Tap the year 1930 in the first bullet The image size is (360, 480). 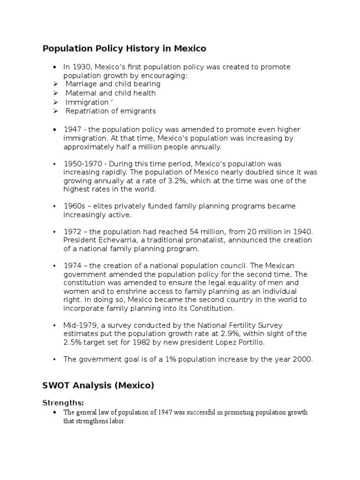click(81, 67)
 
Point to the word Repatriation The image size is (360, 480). click(87, 111)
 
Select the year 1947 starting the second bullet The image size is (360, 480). click(73, 129)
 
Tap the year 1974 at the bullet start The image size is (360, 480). click(73, 266)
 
